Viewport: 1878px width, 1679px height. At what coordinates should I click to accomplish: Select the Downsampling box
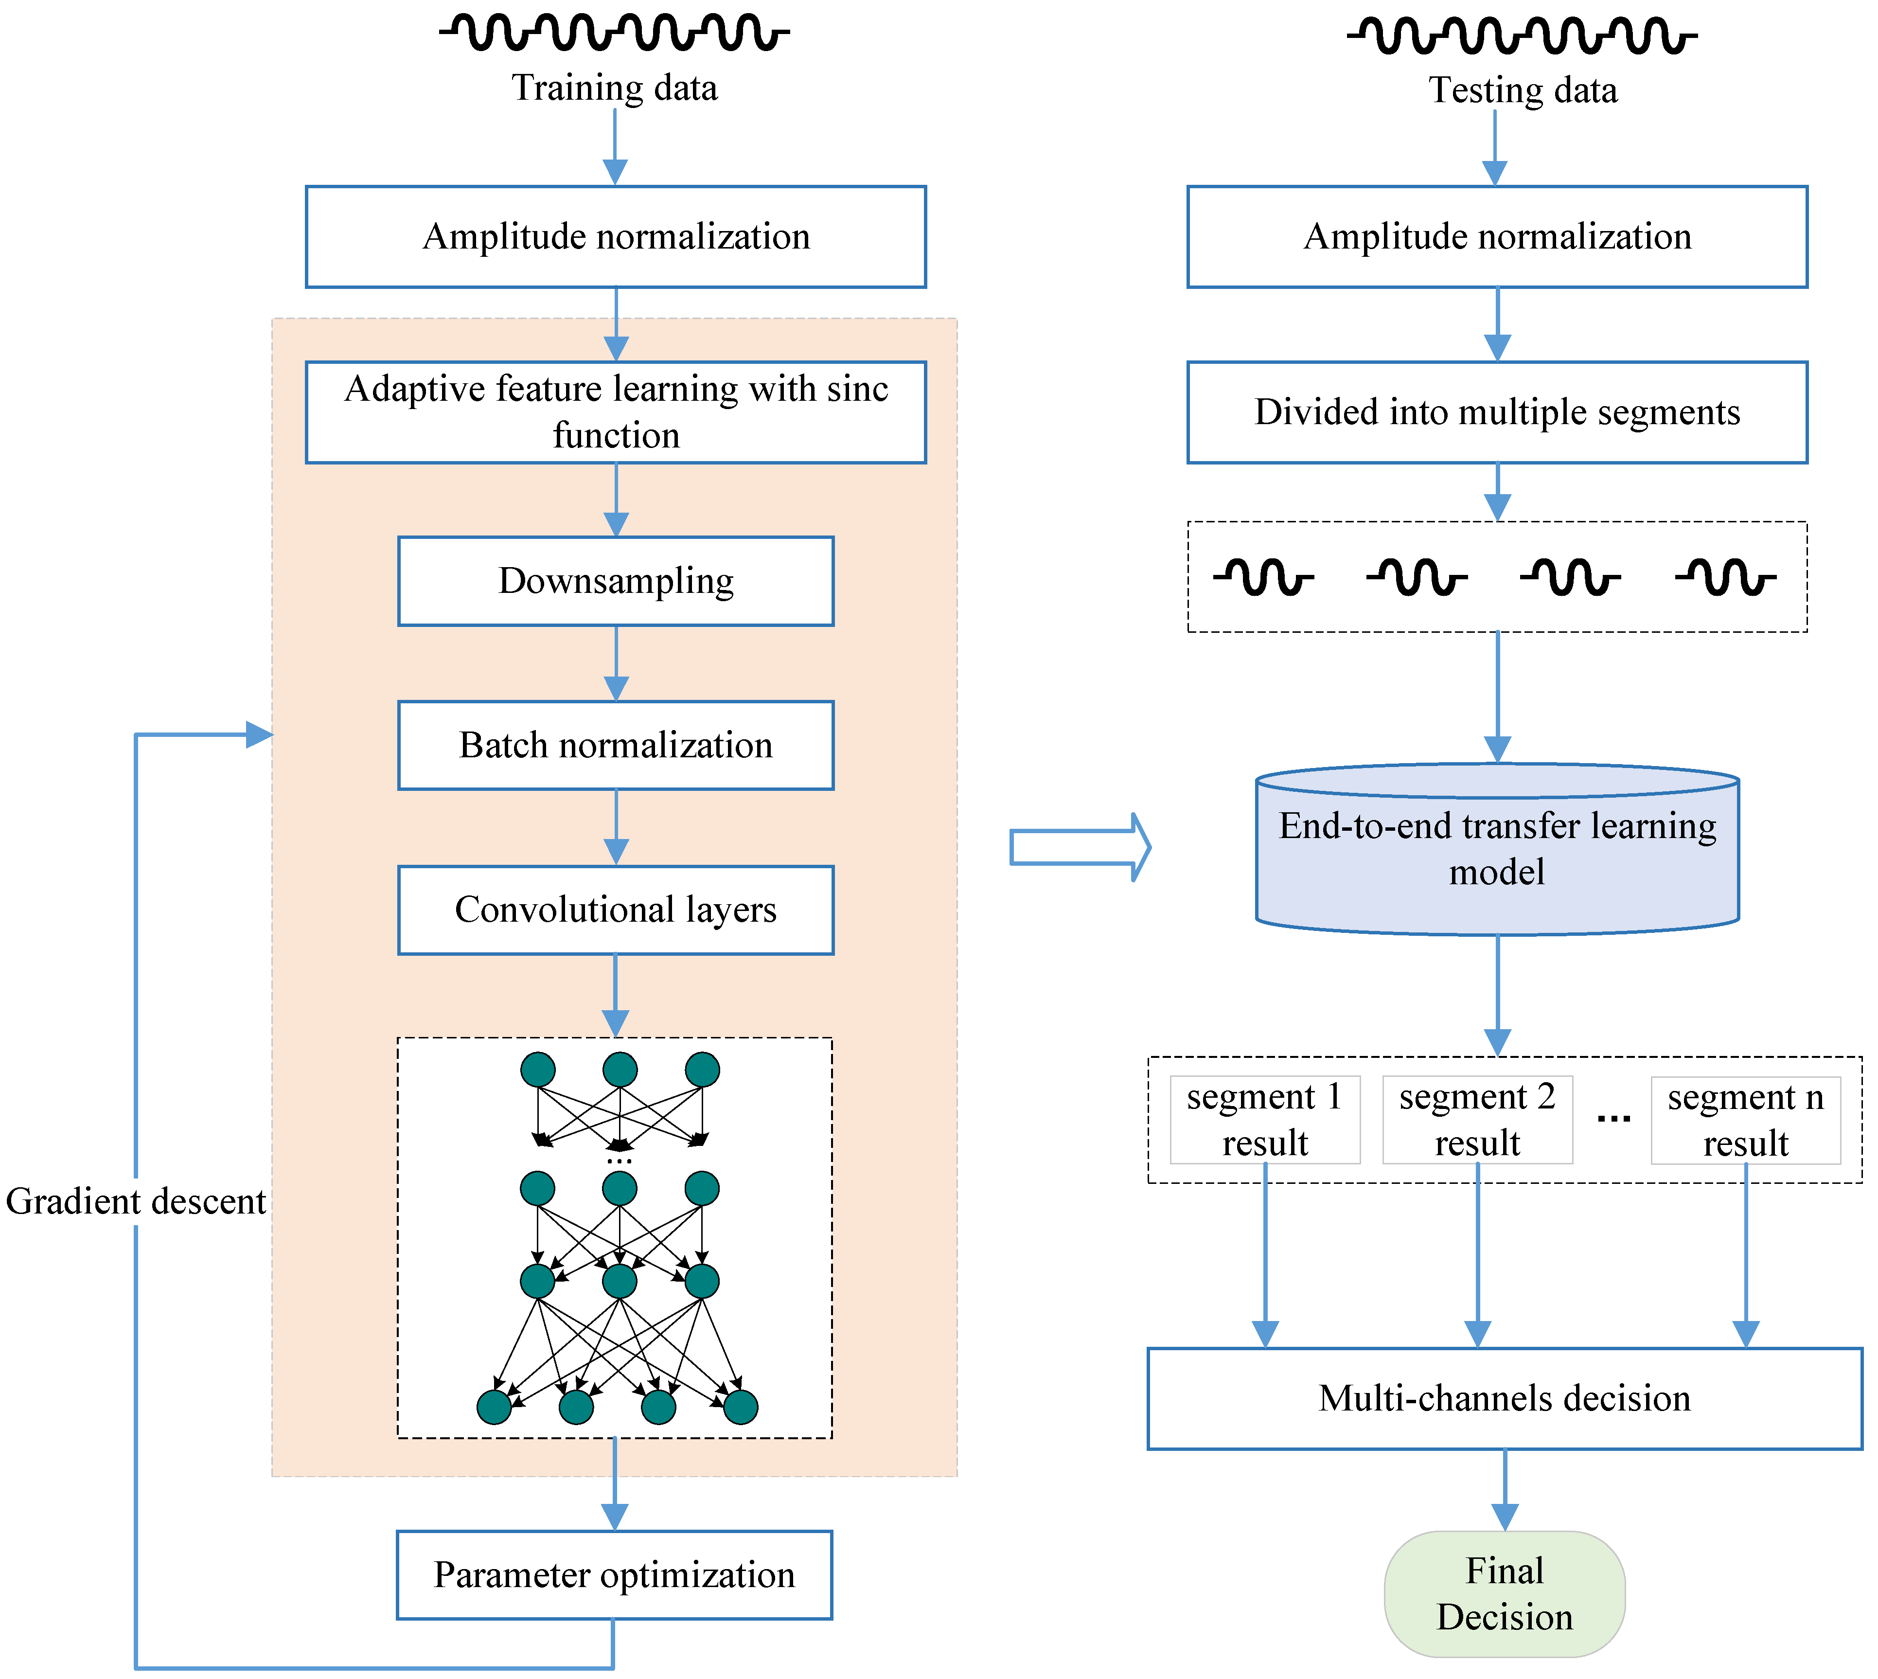point(615,581)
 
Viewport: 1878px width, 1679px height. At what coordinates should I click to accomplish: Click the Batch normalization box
point(615,746)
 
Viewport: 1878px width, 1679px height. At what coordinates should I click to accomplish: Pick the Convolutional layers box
point(615,910)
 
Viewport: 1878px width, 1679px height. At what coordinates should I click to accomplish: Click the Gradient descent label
point(136,1201)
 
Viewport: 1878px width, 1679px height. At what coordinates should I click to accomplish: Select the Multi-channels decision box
point(1505,1398)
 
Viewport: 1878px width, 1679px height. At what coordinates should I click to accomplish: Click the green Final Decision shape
point(1505,1594)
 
